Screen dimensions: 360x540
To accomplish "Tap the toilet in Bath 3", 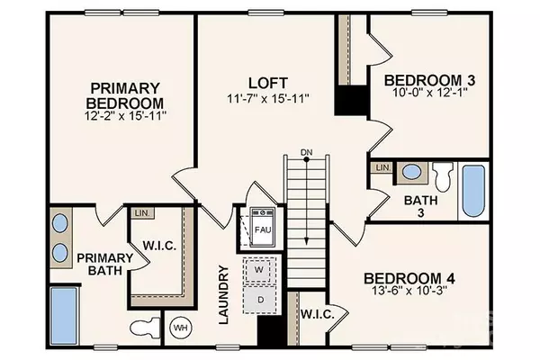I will (x=443, y=173).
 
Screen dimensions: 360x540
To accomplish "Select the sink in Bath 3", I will (x=411, y=171).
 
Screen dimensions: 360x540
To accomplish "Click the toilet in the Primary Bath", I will (x=145, y=326).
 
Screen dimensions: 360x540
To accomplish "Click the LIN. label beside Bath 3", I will (x=382, y=167).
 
